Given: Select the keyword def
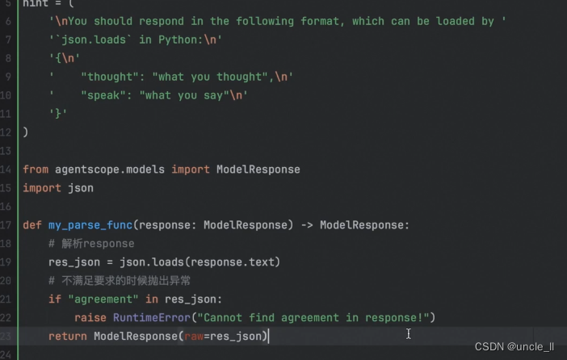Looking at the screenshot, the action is pos(32,224).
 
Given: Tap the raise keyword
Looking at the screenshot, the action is pos(90,317).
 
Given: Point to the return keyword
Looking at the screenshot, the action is pos(68,336).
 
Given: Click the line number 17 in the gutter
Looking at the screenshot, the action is pos(6,224).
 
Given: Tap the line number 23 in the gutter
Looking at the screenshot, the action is pos(6,336).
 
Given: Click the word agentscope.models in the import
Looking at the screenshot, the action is pos(103,170).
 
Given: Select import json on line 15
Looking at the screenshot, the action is pos(58,188).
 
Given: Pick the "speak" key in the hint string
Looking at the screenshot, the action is pos(107,95).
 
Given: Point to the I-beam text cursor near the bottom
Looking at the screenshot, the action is pos(409,333).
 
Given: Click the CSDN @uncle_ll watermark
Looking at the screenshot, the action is pos(514,347).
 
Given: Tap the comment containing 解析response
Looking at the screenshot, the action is pos(90,243).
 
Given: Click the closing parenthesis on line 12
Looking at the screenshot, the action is pos(26,132).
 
